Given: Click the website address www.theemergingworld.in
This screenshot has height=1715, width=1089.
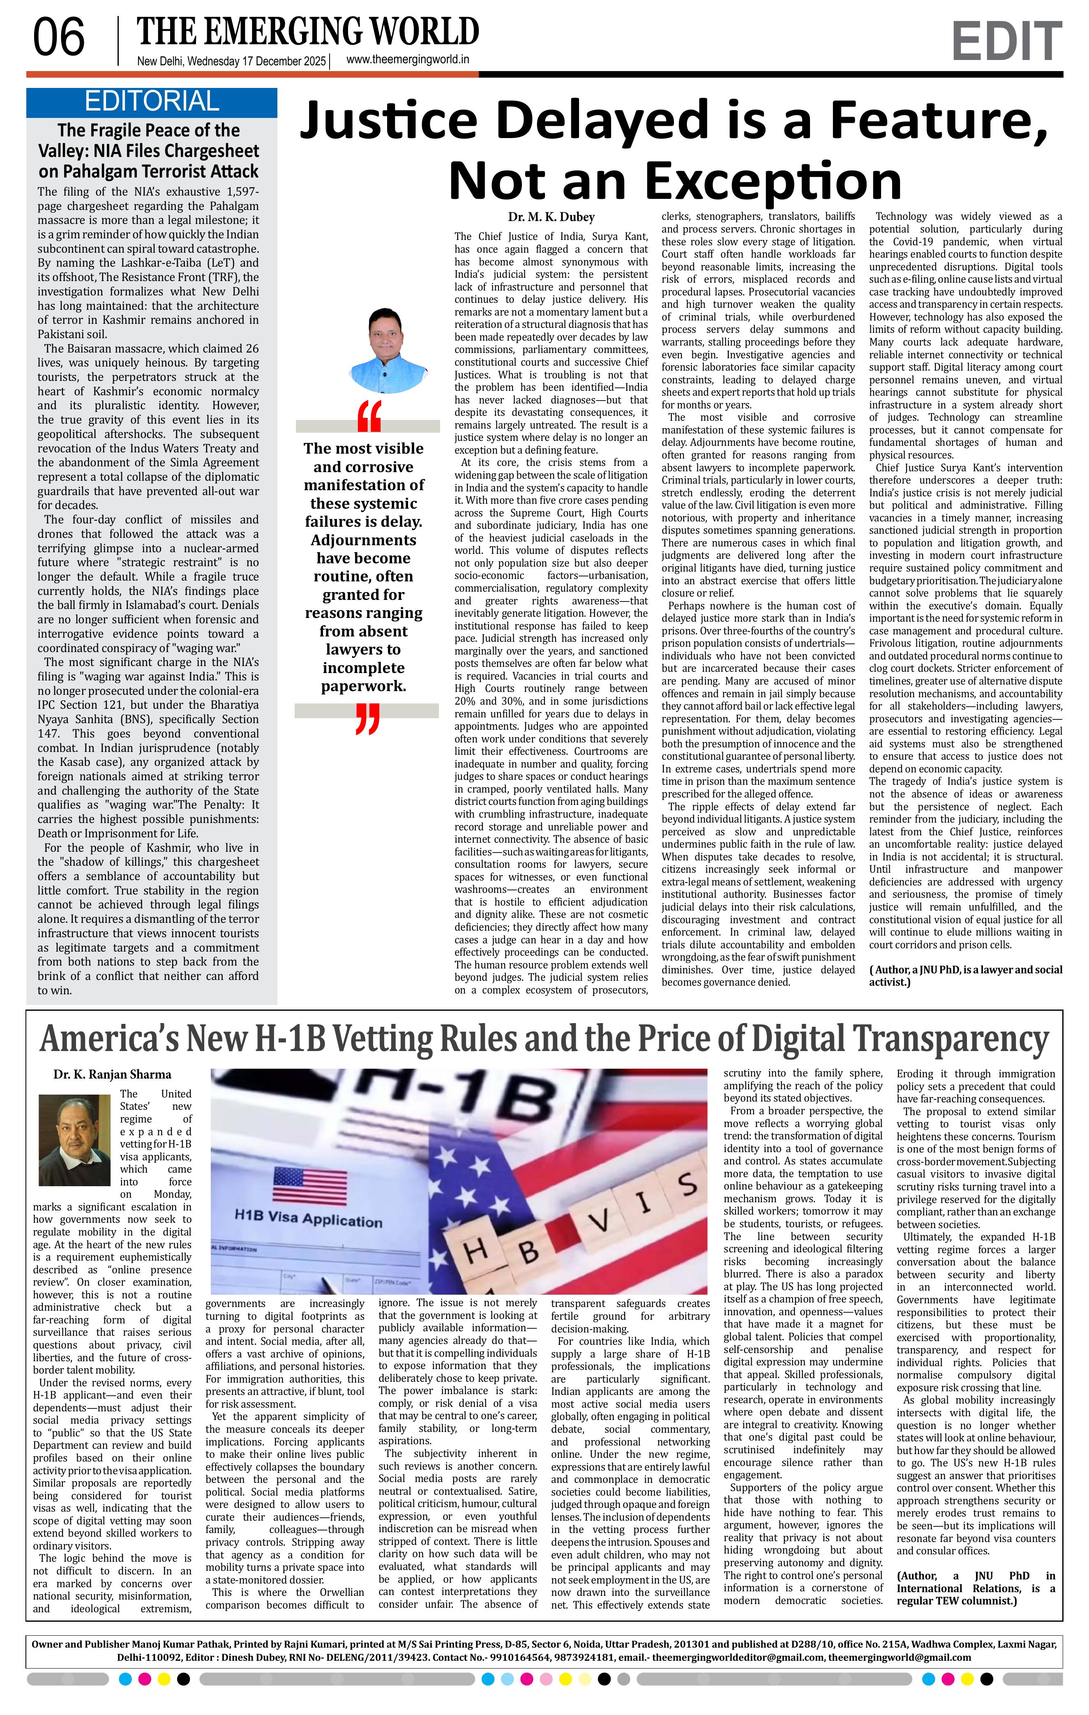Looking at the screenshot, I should [x=407, y=60].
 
